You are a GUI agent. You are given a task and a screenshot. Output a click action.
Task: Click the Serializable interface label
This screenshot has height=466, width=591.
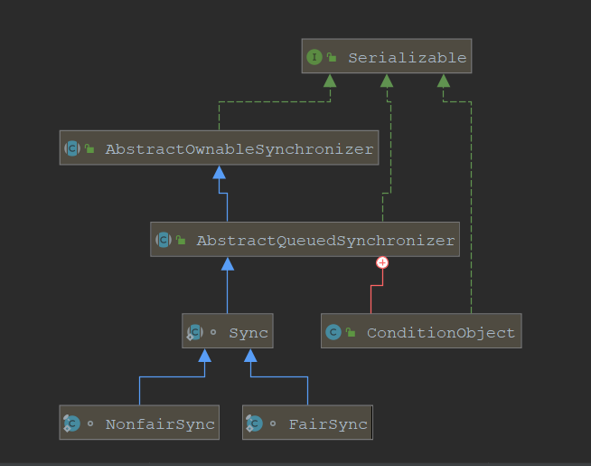pos(407,58)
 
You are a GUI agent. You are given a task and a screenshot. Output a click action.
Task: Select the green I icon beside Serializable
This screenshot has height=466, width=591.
pos(314,58)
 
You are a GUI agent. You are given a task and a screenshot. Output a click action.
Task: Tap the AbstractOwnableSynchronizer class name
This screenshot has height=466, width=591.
pos(239,148)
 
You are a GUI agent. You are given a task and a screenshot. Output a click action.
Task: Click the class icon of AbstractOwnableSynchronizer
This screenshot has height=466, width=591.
pos(71,148)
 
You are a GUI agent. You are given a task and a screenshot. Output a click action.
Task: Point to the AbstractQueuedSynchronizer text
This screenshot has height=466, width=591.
pos(324,241)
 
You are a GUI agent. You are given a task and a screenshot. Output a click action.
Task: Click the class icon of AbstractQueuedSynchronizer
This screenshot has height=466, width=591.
pos(163,241)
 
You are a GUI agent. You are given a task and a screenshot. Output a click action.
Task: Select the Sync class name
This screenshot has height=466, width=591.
pos(248,333)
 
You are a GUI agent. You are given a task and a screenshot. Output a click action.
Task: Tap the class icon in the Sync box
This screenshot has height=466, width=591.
pos(194,333)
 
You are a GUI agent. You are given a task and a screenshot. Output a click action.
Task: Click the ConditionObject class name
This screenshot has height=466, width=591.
pos(440,333)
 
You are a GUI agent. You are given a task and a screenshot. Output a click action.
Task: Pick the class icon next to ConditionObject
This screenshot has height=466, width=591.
pos(333,333)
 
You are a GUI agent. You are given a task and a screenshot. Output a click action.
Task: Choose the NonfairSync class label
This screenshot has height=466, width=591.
pos(160,423)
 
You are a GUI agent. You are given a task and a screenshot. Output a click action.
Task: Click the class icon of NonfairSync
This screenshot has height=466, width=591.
pos(71,423)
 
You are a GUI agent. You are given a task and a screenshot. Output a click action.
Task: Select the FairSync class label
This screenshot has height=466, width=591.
pos(327,423)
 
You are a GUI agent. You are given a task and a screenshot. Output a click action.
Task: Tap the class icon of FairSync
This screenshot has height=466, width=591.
pos(254,423)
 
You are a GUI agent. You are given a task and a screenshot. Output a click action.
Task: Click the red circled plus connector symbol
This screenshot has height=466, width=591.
pos(382,262)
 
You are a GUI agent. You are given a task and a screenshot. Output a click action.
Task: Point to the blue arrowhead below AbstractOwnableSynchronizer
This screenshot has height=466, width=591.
pos(219,172)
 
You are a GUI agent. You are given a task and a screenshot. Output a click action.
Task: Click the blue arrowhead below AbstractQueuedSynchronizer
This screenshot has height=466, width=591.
pos(228,263)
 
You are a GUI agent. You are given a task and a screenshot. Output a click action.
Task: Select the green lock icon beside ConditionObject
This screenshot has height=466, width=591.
pos(351,333)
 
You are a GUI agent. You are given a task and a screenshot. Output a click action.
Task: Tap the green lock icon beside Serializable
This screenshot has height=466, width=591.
pos(332,58)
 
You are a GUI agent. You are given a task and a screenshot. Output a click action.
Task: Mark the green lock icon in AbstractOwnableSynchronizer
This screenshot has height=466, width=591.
pos(89,148)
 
